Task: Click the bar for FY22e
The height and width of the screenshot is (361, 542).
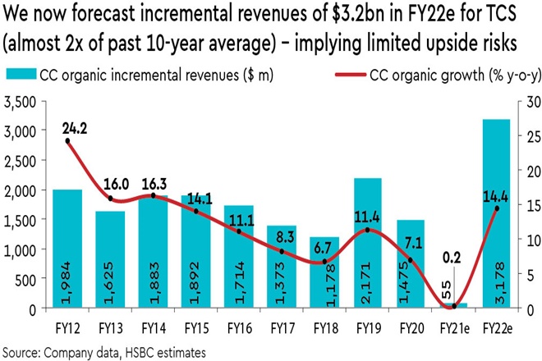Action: (x=496, y=213)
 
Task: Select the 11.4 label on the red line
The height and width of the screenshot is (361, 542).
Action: (x=373, y=217)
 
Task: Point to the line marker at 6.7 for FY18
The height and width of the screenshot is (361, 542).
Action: (x=325, y=262)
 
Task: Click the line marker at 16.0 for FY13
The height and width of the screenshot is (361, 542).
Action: (x=111, y=198)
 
